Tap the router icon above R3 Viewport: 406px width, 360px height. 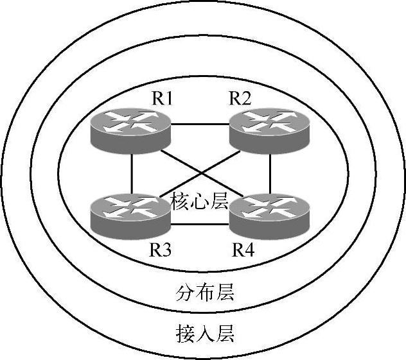[130, 214]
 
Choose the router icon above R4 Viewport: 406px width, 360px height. [269, 214]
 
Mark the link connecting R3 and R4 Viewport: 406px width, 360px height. [200, 224]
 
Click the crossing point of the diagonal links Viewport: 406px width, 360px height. [200, 171]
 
